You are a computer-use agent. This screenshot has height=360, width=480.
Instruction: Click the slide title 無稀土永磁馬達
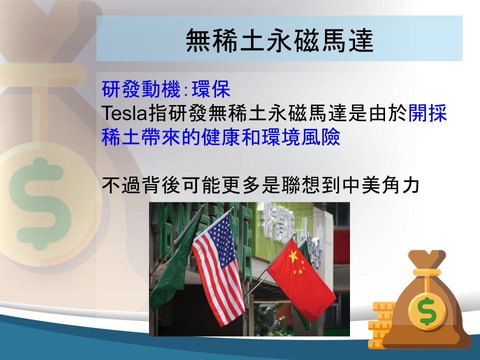pyautogui.click(x=279, y=40)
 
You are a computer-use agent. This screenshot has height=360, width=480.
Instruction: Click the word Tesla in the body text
pyautogui.click(x=124, y=113)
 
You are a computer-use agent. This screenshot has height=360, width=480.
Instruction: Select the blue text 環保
pyautogui.click(x=211, y=89)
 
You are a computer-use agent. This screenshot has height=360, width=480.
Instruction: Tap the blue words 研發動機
pyautogui.click(x=141, y=89)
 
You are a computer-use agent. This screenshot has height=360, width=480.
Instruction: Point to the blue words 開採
pyautogui.click(x=427, y=113)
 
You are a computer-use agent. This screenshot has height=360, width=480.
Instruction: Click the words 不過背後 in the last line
pyautogui.click(x=141, y=185)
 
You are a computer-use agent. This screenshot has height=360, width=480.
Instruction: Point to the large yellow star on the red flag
pyautogui.click(x=293, y=256)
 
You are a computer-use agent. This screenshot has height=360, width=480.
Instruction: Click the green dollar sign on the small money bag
pyautogui.click(x=427, y=311)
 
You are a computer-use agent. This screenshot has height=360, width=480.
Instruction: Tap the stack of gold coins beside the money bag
pyautogui.click(x=380, y=324)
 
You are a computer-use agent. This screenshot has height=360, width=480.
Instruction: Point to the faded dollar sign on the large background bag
pyautogui.click(x=40, y=203)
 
